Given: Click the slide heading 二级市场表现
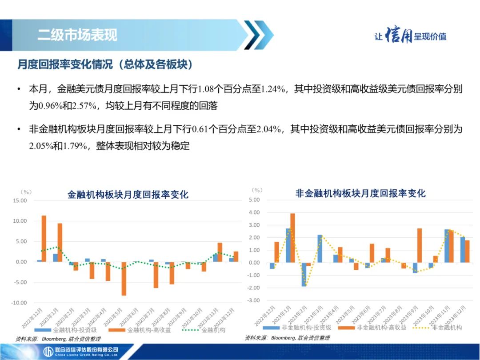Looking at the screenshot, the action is click(77, 35).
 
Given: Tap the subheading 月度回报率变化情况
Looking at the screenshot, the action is click(65, 64).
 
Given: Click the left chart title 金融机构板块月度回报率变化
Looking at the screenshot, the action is click(128, 195).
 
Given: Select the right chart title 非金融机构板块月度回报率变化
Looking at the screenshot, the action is click(360, 193).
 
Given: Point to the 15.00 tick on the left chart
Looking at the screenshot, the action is click(20, 200).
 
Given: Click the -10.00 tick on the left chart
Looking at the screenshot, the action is click(19, 303).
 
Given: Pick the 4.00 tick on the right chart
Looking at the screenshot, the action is click(254, 212).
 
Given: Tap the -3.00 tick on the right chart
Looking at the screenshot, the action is click(253, 300).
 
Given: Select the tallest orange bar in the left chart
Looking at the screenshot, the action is click(44, 239).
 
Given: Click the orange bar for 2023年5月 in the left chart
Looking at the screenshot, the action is click(124, 279).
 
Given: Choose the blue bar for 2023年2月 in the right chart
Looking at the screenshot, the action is click(304, 275).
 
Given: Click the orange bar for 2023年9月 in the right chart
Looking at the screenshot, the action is click(420, 245).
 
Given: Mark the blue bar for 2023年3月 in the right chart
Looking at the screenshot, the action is click(320, 248).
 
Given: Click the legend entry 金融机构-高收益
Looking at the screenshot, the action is click(140, 330).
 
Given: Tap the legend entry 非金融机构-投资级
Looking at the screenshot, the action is click(297, 328).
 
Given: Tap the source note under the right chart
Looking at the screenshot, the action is click(287, 338).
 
